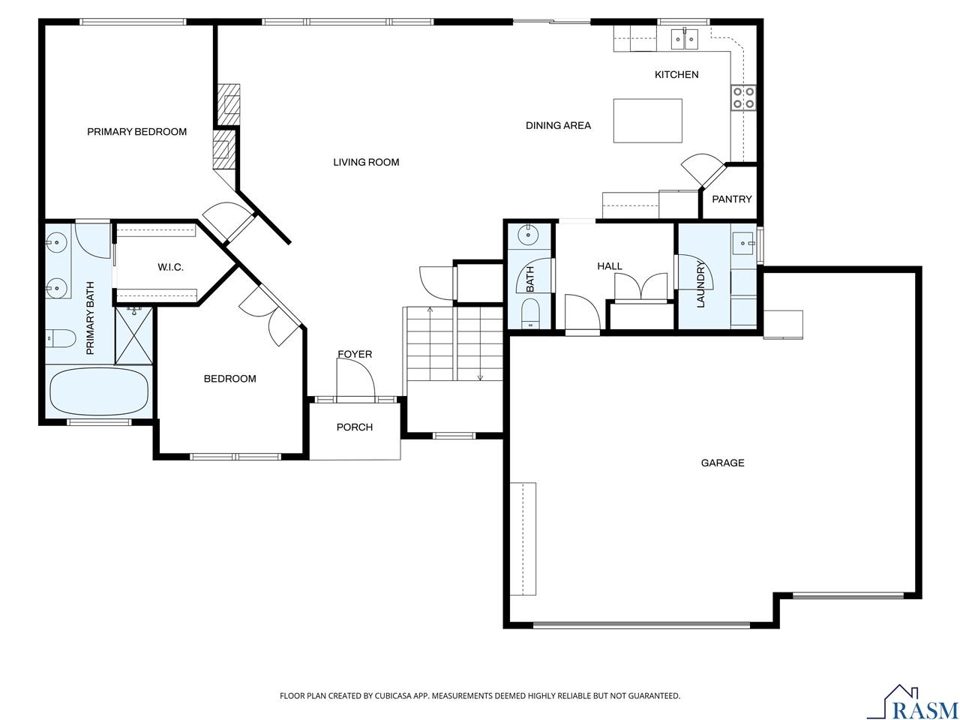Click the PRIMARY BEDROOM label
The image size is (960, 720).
pos(136,132)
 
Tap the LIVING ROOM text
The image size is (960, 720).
pos(366,162)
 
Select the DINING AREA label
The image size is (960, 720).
pos(558,125)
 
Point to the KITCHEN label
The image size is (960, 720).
pos(676,74)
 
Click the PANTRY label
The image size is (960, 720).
pos(731,199)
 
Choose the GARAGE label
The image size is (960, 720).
pos(722,463)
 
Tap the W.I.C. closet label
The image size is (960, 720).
pos(170,267)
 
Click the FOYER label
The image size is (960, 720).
pos(355,354)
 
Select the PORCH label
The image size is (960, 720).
pos(355,427)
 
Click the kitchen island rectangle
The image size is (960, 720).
pos(648,121)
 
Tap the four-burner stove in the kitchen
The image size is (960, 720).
pos(743,97)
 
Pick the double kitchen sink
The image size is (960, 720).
pos(685,37)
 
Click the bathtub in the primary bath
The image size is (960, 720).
pos(98,391)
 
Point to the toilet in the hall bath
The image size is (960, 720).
pos(530,311)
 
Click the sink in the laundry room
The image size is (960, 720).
pos(742,241)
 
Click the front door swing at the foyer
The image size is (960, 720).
pos(355,379)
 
